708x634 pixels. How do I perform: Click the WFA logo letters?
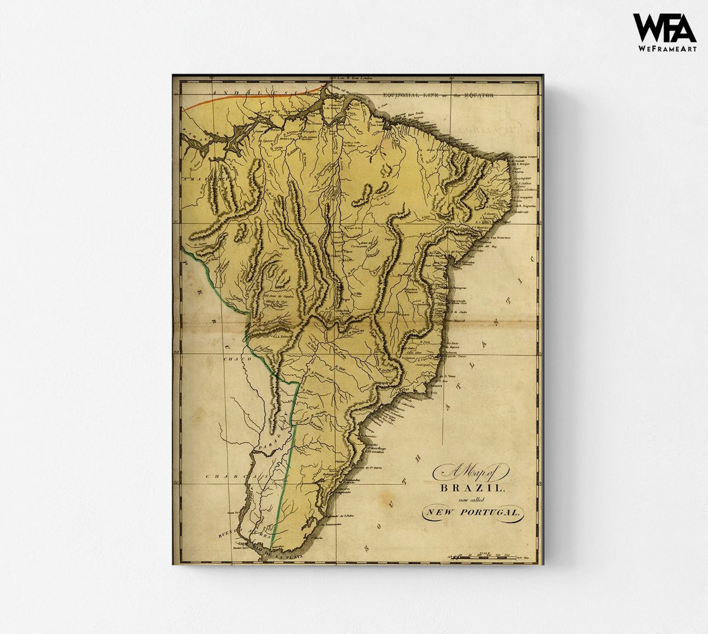tap(664, 28)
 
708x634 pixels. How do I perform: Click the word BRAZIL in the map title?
tap(472, 488)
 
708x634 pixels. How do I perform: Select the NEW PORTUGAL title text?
tap(472, 512)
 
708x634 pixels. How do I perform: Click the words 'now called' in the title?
tap(472, 500)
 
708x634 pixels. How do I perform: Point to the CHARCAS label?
tap(232, 475)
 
